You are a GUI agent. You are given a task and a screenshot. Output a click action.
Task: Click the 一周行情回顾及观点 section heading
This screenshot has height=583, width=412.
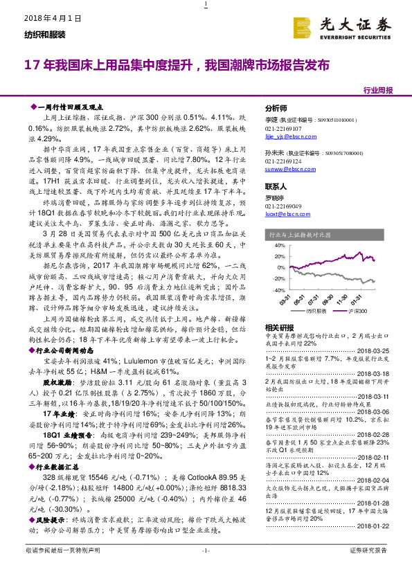(72, 107)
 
